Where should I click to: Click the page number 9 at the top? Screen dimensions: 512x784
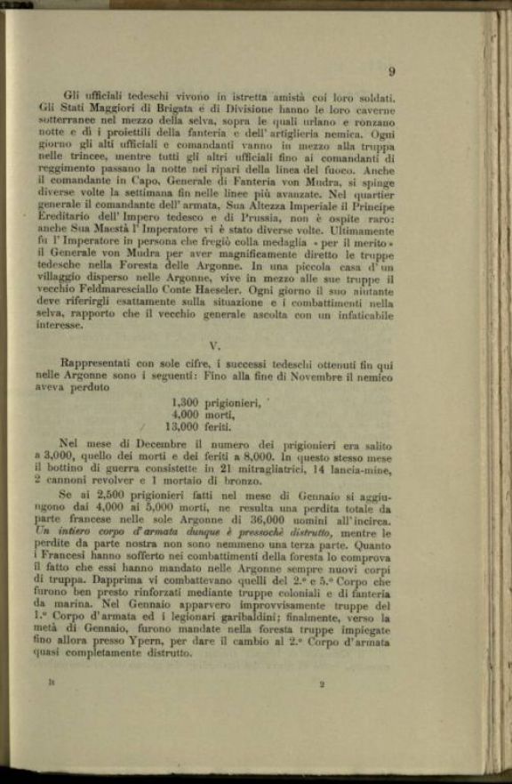point(392,72)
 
